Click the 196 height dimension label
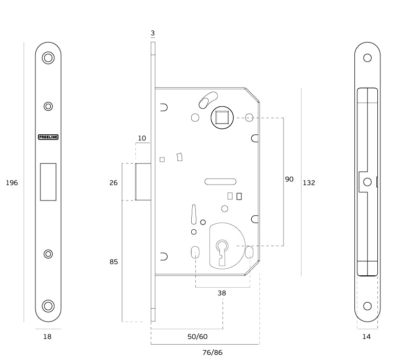pos(12,183)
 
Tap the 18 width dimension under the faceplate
pos(47,337)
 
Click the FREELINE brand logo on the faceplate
pos(48,137)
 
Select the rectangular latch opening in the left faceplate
pos(48,182)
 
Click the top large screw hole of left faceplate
pos(48,58)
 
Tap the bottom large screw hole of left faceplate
pos(48,306)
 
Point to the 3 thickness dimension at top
pos(153,33)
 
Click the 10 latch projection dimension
pos(142,138)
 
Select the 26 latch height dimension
pos(113,183)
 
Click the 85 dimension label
pos(114,262)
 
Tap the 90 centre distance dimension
pos(289,179)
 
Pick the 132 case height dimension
pos(309,183)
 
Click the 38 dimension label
pos(221,293)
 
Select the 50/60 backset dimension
pos(197,336)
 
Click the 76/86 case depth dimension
pos(212,352)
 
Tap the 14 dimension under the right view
pos(367,337)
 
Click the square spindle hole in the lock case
pos(223,117)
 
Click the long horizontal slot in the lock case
pos(220,181)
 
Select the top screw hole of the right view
pos(367,58)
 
